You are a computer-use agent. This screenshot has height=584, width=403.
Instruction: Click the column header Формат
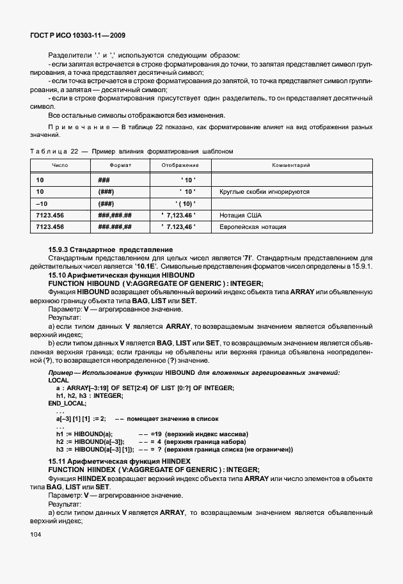click(120, 165)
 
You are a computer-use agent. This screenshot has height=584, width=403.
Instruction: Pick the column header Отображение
click(178, 165)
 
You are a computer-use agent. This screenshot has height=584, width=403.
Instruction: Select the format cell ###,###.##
click(115, 215)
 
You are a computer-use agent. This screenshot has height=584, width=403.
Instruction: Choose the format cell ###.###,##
click(115, 226)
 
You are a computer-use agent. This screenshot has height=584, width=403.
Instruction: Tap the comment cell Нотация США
click(241, 215)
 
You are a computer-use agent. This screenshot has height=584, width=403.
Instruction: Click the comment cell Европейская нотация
click(253, 226)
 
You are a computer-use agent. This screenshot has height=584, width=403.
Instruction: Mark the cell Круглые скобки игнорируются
click(264, 191)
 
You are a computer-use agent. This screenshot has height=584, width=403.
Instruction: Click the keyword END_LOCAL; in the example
click(67, 404)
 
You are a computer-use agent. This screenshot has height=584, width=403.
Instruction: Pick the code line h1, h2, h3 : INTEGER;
click(89, 395)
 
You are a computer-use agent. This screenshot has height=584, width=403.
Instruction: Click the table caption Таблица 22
click(58, 151)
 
